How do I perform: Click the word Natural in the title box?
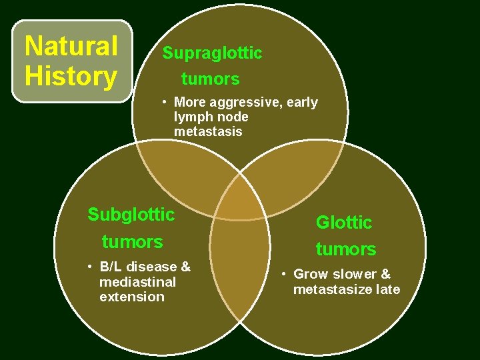[x=71, y=47]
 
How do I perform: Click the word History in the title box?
[x=70, y=76]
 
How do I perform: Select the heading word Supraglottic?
[x=212, y=53]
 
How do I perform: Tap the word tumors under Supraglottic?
[x=210, y=79]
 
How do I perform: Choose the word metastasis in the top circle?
[x=208, y=132]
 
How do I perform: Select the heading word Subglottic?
[x=131, y=215]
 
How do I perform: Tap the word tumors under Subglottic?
[x=132, y=241]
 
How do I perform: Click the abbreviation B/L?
[x=112, y=267]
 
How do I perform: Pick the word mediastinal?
[x=137, y=282]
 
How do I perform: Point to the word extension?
[x=131, y=297]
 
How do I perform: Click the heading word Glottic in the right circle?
[x=344, y=223]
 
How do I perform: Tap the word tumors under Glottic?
[x=345, y=250]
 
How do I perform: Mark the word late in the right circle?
[x=387, y=289]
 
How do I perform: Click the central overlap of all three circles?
[x=240, y=199]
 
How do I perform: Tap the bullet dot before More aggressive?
[x=163, y=103]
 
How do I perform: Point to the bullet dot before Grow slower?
[x=283, y=274]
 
